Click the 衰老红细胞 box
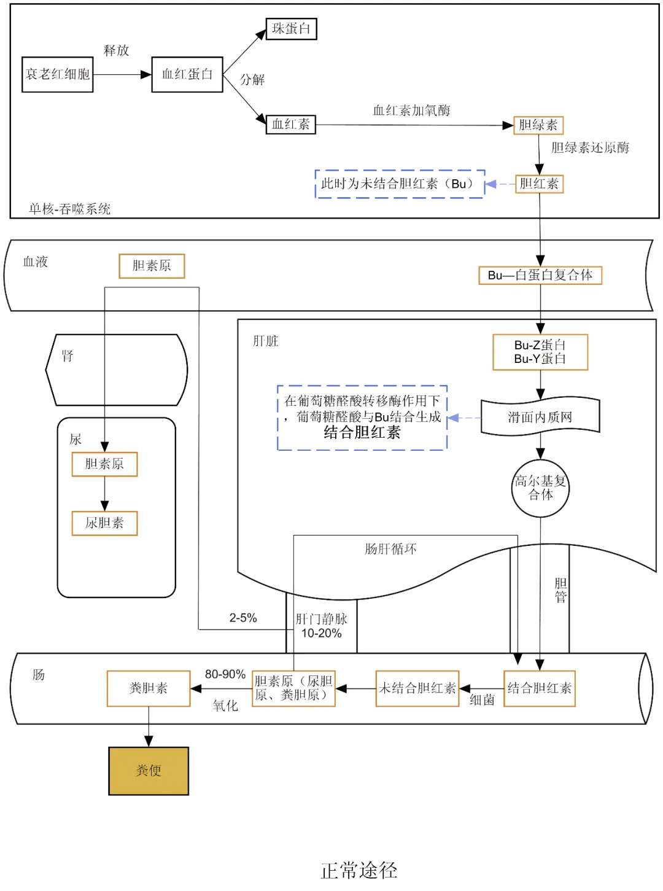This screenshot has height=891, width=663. coord(57,74)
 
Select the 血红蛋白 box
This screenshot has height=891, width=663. coord(187,74)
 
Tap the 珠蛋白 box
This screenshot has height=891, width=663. coord(291,29)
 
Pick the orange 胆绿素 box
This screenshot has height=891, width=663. coord(538,125)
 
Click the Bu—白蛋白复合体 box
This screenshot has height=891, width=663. coord(540,275)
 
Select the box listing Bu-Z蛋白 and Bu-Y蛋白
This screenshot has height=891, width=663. coord(540,352)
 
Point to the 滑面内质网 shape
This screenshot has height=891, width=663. coord(540,418)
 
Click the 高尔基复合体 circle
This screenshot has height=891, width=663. coord(540,488)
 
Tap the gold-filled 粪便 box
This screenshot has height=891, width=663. coord(149,771)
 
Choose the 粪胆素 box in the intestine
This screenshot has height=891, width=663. coord(149,688)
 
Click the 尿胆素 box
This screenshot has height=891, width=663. coord(104,523)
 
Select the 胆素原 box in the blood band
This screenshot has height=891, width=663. coord(152,266)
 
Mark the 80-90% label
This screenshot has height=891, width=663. coord(225,674)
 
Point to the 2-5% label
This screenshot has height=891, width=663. coord(243,618)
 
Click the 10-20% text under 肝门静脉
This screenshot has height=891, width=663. coord(321,633)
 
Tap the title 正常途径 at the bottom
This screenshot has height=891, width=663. coord(359,870)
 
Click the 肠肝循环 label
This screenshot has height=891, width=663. coord(390,549)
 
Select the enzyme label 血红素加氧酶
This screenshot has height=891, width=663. coord(411,111)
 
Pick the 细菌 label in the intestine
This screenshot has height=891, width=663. coord(482,700)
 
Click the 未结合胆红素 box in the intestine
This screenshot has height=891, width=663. coord(417,688)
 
